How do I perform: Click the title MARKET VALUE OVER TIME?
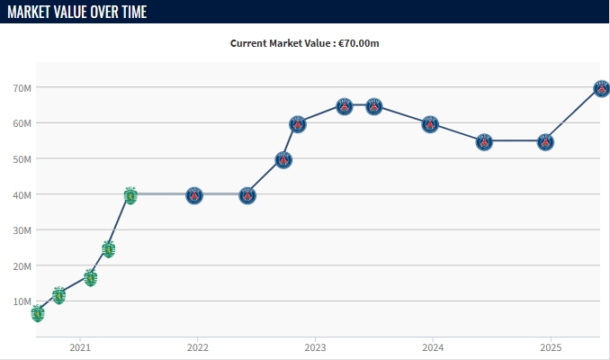tap(76, 12)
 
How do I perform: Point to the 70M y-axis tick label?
tap(22, 87)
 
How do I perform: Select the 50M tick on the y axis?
tap(22, 158)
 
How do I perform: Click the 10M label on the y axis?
tap(22, 301)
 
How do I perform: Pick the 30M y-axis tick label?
tap(22, 229)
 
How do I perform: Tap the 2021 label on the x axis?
tap(80, 347)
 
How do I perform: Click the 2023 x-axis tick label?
tap(315, 347)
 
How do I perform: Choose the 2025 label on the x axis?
tap(551, 347)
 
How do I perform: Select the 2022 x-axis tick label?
tap(198, 347)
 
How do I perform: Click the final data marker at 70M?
tap(602, 88)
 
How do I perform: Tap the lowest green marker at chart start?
tap(38, 313)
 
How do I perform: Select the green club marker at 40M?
tap(130, 195)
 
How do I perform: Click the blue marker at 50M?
tap(283, 160)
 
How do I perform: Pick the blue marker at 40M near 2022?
tap(194, 195)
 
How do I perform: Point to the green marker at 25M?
tap(109, 248)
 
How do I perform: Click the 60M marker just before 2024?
tap(430, 124)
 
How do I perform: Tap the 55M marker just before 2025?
tap(545, 142)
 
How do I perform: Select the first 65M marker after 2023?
tap(345, 106)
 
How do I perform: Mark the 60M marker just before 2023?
tap(298, 124)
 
